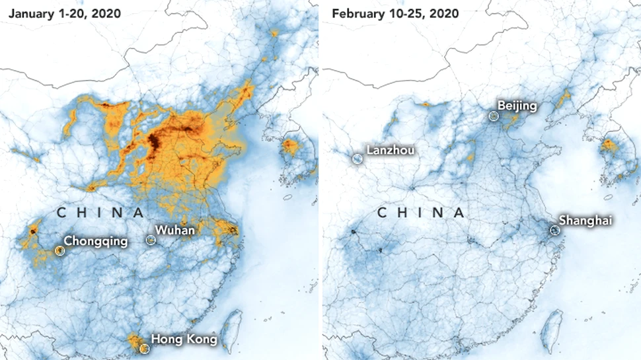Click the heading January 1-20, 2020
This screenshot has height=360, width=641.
[x=65, y=13]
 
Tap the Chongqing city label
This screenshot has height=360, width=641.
[x=96, y=241]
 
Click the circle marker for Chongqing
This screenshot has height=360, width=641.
[x=60, y=251]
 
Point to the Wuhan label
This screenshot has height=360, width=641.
[x=174, y=231]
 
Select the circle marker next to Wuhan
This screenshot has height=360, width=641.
[x=151, y=240]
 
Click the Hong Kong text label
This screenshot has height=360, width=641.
[x=184, y=340]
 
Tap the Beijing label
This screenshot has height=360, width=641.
[x=517, y=106]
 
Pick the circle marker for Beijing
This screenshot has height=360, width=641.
[x=493, y=116]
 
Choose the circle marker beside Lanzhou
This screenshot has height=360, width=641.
[x=357, y=159]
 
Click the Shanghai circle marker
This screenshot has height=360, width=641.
[x=554, y=231]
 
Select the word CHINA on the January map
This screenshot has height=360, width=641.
[x=100, y=213]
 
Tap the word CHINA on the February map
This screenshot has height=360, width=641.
[x=420, y=213]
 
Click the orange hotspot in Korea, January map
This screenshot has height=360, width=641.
[x=289, y=146]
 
